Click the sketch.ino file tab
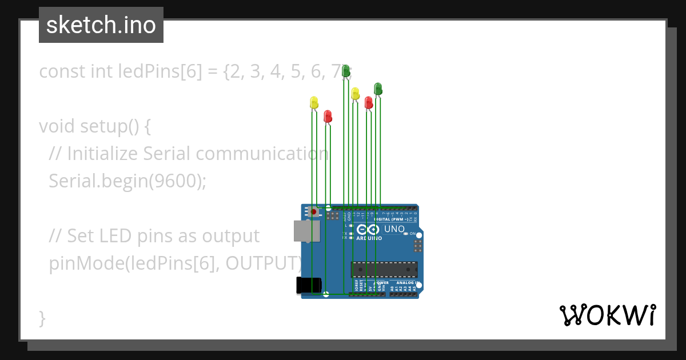tap(101, 25)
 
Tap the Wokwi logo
tap(607, 315)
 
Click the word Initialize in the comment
tap(103, 153)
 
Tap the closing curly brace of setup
tap(42, 318)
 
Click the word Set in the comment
tap(78, 235)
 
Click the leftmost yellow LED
tap(313, 102)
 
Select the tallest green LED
tap(345, 71)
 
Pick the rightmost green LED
tap(378, 89)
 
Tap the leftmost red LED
tap(328, 116)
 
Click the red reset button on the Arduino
tap(313, 211)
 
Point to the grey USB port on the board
tap(306, 230)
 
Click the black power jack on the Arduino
tap(309, 285)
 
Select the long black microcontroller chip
tap(384, 269)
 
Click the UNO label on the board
tap(394, 229)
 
